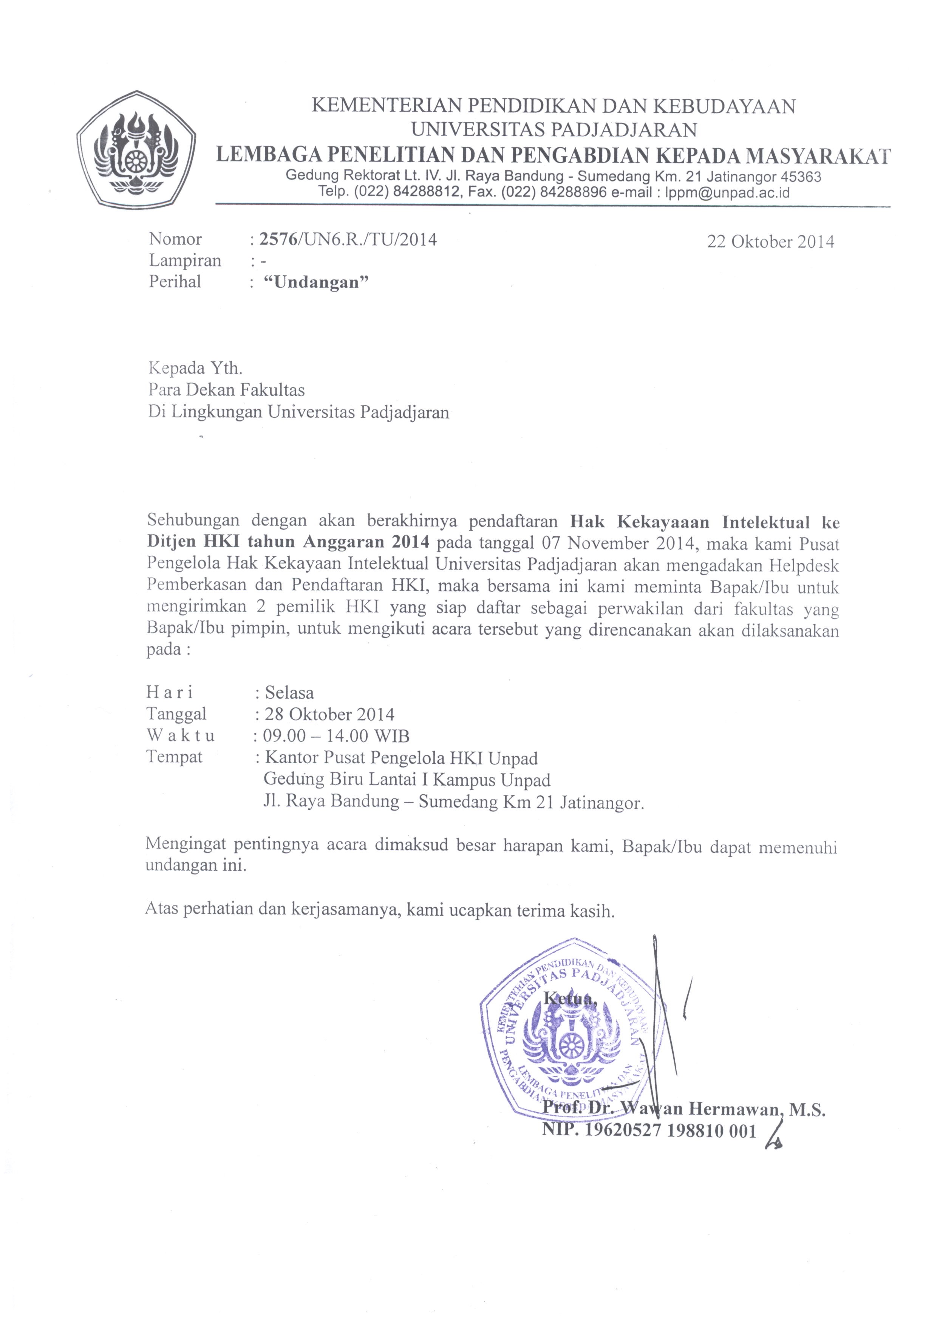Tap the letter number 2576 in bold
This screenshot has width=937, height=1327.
tap(277, 239)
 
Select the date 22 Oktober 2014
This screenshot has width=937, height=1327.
tap(771, 242)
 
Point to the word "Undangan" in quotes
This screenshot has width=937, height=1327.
tap(315, 283)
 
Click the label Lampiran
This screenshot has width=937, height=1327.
tap(185, 260)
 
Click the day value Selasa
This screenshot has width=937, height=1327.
tap(289, 692)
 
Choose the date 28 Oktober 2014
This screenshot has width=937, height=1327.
tap(329, 715)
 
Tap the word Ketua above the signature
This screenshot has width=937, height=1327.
tap(569, 998)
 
